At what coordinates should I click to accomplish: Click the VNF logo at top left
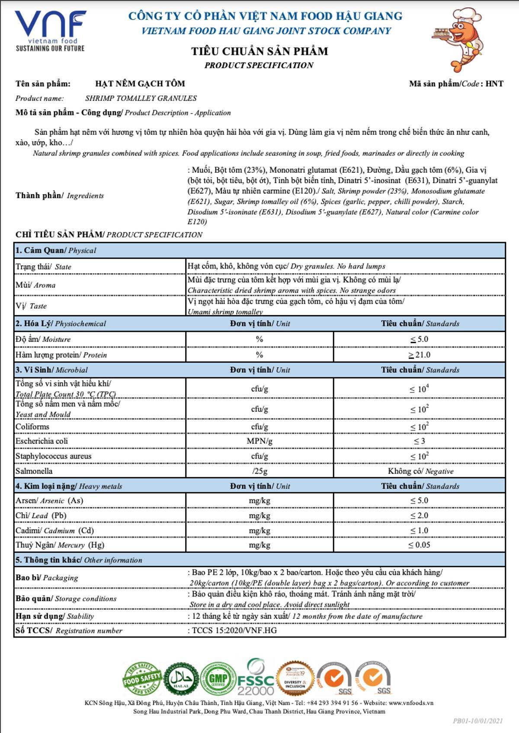point(50,30)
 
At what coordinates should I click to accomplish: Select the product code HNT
point(494,84)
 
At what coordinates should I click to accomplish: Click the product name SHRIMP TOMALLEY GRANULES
point(141,99)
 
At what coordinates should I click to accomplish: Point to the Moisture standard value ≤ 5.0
point(419,339)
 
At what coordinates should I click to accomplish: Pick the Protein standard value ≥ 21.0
point(419,355)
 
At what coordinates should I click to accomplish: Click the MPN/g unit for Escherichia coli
point(259,441)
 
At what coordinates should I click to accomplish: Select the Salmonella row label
point(34,471)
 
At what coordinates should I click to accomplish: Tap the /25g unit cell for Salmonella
point(259,471)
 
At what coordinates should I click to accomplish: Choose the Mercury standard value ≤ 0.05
point(419,545)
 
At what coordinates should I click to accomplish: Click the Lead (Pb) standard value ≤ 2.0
point(419,516)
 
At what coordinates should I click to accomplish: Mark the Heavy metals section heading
point(69,486)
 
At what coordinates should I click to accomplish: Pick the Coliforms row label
point(32,427)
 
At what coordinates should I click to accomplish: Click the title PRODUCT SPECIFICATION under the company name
point(259,65)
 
